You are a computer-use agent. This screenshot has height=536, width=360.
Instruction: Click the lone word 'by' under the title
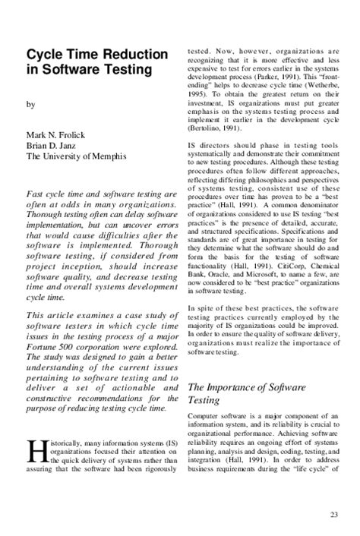click(30, 104)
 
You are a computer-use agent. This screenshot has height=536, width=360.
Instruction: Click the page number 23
click(335, 517)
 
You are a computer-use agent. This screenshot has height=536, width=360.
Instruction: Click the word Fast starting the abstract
click(38, 193)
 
